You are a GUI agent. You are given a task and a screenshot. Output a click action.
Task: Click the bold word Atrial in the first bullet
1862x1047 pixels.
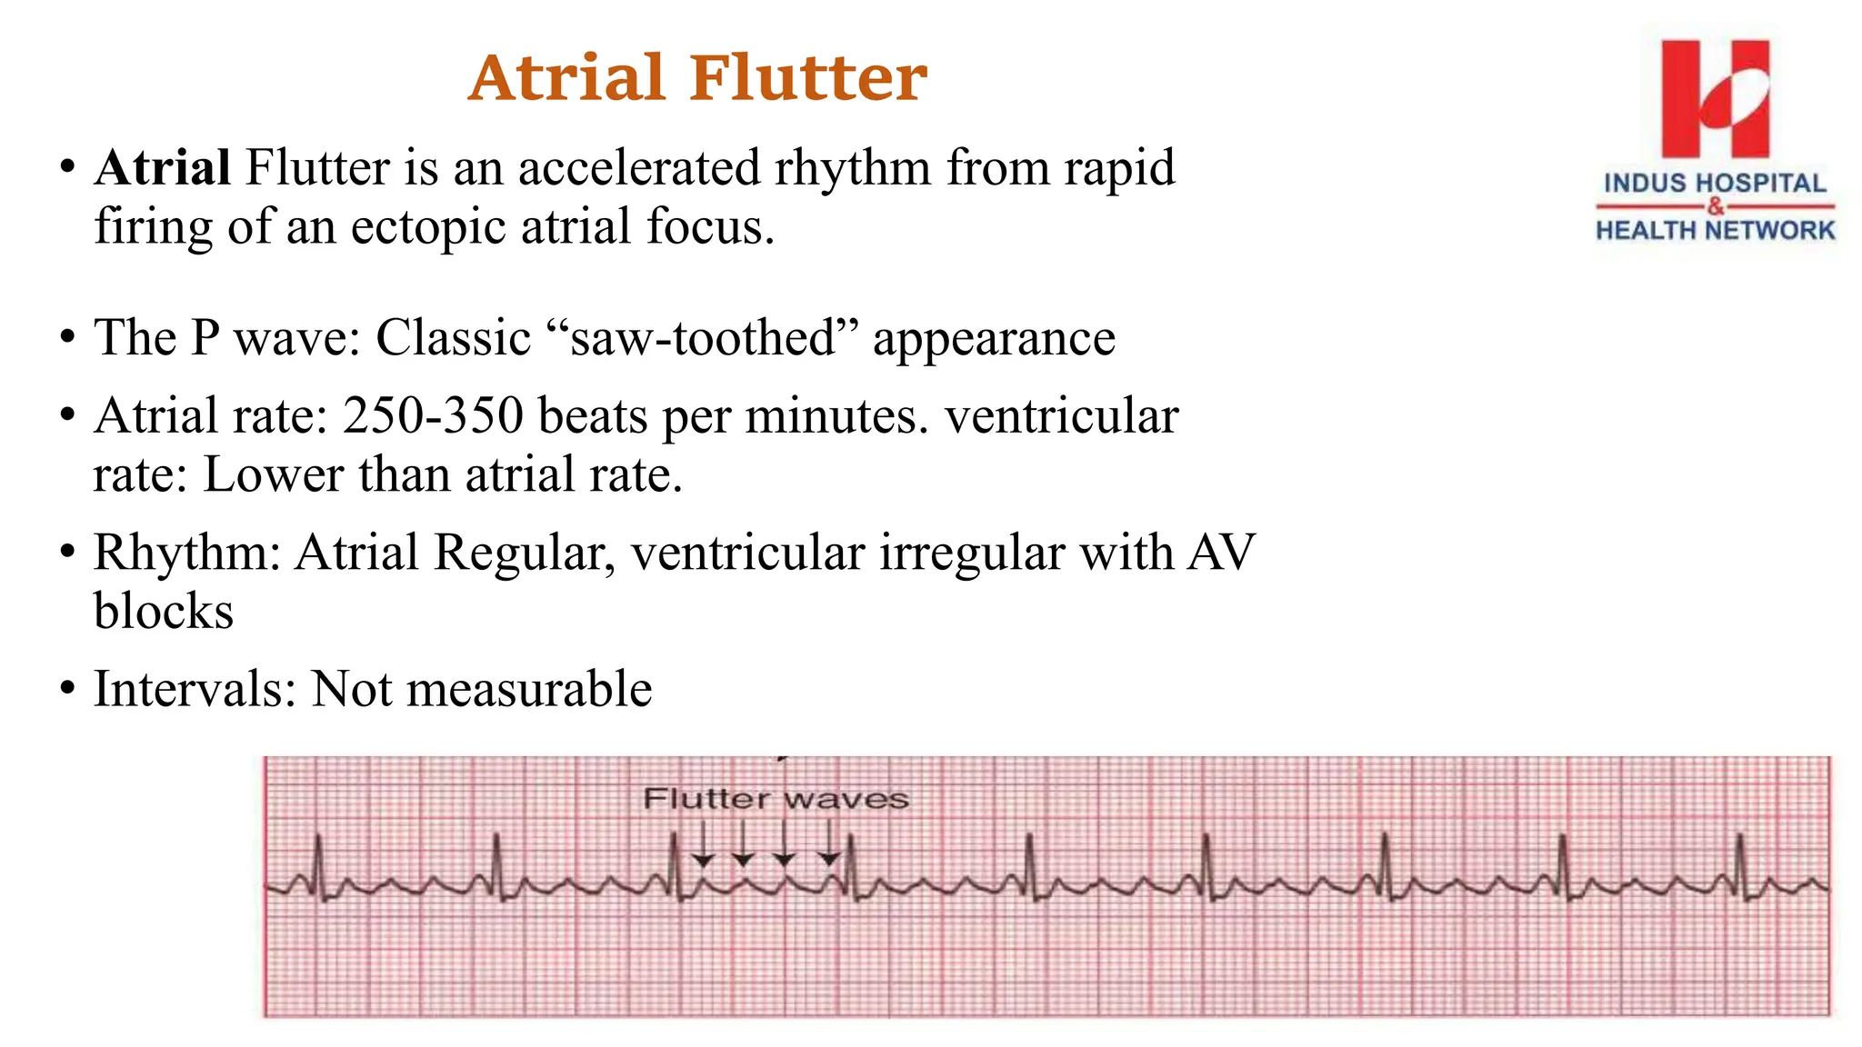163,168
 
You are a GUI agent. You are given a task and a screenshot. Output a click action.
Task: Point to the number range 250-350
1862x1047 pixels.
433,416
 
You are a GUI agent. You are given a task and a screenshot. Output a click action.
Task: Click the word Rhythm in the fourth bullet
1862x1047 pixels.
187,553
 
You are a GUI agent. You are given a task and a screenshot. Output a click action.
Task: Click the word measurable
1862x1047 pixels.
528,689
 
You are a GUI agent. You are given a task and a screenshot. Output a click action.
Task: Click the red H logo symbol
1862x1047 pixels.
1715,98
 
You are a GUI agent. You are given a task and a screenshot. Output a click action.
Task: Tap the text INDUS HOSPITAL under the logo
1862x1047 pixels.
1715,183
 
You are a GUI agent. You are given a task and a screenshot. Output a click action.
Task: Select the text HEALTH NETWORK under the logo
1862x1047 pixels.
1715,231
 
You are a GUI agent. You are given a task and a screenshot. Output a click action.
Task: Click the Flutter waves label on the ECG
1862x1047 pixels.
776,799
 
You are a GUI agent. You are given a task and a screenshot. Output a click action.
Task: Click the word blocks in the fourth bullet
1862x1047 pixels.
164,611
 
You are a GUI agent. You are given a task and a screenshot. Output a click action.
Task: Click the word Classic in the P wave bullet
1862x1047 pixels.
453,338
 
